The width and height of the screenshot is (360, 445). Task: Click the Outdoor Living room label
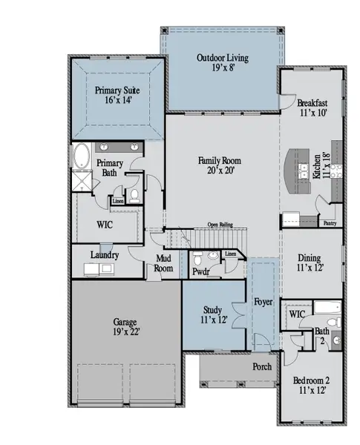tap(222, 63)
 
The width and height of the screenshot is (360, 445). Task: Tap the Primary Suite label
tap(117, 95)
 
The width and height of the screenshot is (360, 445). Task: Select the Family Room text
tap(219, 165)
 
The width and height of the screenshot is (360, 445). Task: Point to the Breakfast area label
tap(312, 108)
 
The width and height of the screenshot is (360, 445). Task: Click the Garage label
tap(126, 327)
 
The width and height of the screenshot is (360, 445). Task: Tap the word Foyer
tap(263, 303)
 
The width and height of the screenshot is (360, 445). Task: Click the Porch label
tap(262, 366)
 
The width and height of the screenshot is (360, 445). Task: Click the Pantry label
tap(330, 222)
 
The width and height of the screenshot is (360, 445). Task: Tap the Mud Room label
tap(163, 264)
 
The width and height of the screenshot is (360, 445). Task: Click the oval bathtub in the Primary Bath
tap(81, 158)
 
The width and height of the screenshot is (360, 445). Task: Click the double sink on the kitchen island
tap(303, 172)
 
